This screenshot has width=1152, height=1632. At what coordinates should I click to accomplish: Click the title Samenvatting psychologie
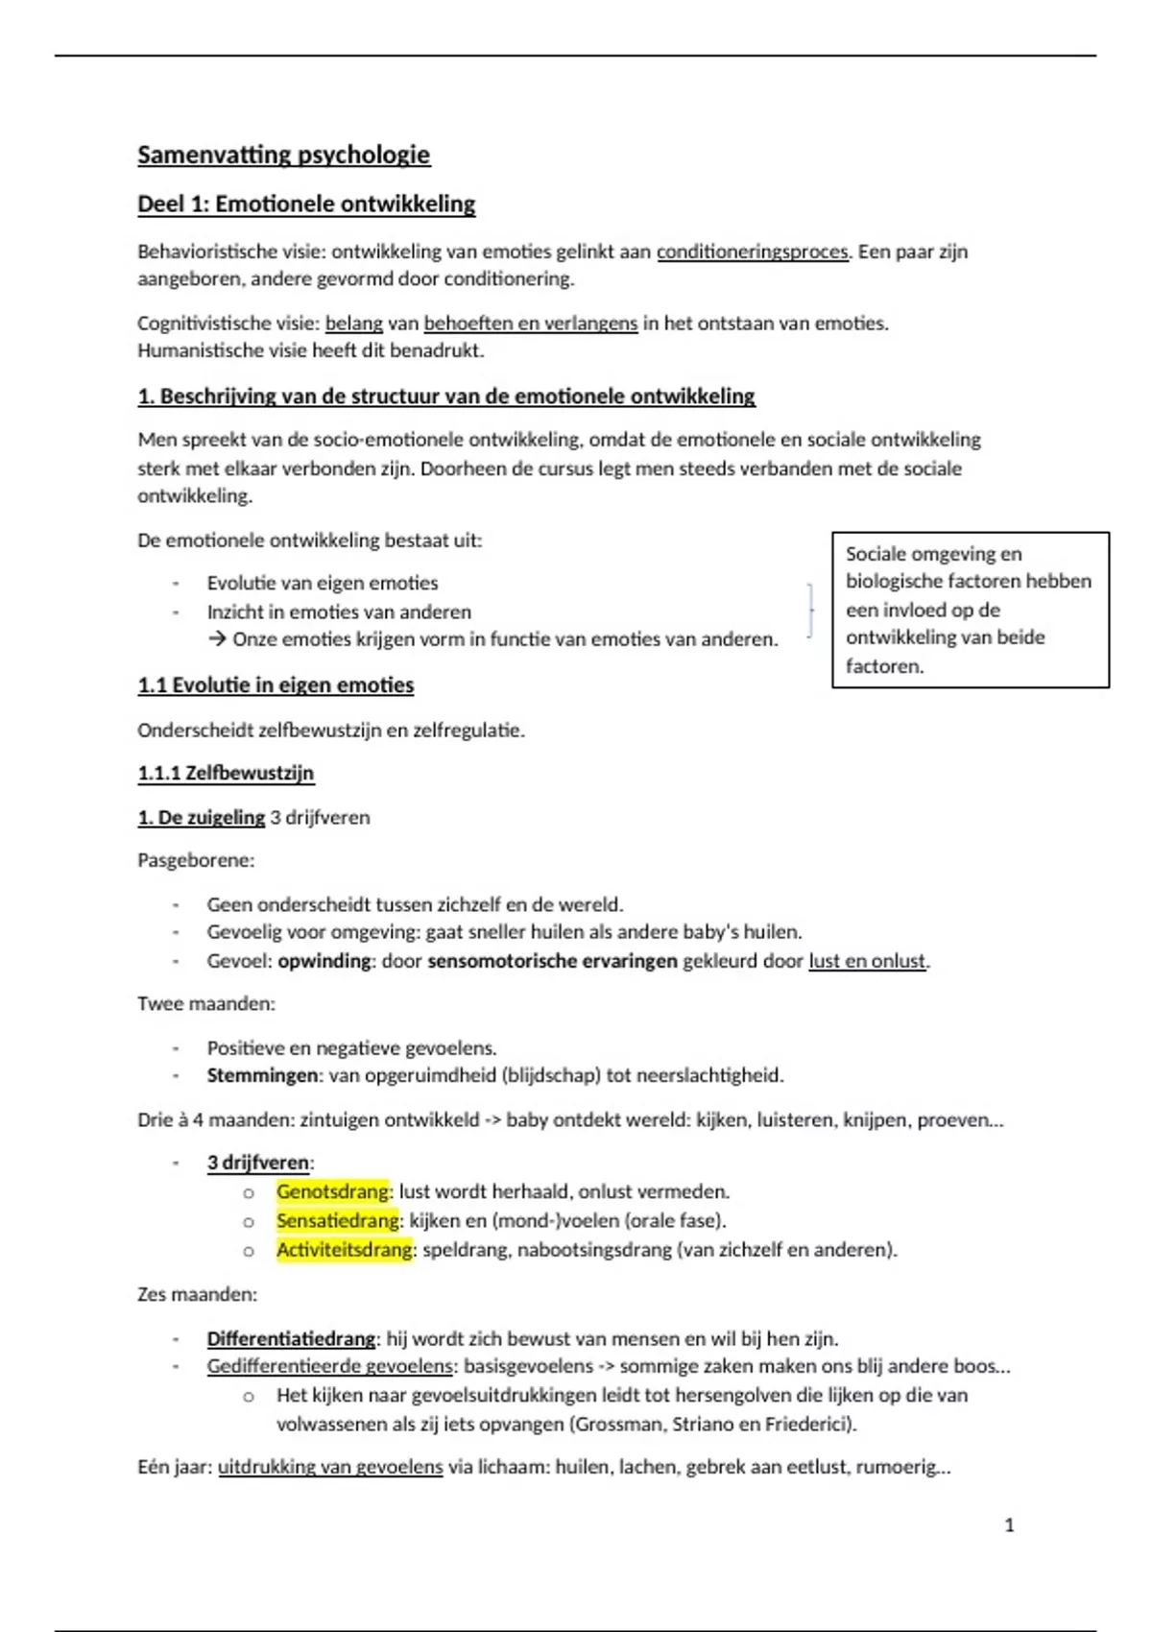(x=283, y=155)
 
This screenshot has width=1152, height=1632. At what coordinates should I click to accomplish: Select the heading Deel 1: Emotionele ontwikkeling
(x=306, y=204)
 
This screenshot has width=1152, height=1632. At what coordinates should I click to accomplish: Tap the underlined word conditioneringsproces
(x=753, y=252)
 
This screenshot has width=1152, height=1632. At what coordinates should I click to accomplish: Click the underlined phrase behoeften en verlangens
(x=530, y=324)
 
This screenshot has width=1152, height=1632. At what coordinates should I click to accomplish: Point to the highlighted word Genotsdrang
(x=332, y=1191)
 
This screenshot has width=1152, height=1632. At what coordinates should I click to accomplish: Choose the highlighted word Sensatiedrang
(x=337, y=1220)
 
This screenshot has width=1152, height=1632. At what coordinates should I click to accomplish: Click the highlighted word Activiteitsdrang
(x=345, y=1249)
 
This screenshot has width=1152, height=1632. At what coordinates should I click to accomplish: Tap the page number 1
(x=1009, y=1524)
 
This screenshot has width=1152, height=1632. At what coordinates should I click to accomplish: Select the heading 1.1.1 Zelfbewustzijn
(x=226, y=773)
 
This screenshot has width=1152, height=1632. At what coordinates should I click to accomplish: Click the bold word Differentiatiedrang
(x=291, y=1338)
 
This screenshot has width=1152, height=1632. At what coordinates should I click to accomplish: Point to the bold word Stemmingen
(x=262, y=1075)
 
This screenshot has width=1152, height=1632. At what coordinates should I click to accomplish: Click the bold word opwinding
(x=324, y=960)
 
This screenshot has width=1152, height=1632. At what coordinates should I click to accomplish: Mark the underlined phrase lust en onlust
(x=867, y=960)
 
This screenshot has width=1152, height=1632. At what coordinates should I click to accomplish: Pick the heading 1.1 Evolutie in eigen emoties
(x=276, y=685)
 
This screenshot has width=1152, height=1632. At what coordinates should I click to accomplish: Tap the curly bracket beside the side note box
(x=811, y=610)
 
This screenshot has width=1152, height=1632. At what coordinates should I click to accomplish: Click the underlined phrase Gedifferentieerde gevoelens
(x=329, y=1366)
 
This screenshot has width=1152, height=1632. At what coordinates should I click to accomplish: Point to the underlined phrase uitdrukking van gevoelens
(x=330, y=1467)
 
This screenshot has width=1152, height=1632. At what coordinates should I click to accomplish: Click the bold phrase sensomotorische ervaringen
(x=552, y=960)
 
